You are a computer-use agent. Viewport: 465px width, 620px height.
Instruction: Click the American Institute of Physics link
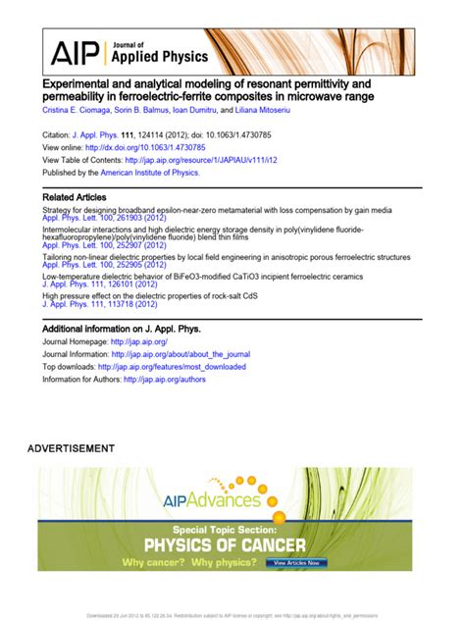pos(150,172)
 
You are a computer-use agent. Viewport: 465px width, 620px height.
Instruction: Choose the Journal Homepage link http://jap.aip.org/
pos(131,341)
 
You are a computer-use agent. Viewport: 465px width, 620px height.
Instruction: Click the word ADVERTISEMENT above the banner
pos(71,448)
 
